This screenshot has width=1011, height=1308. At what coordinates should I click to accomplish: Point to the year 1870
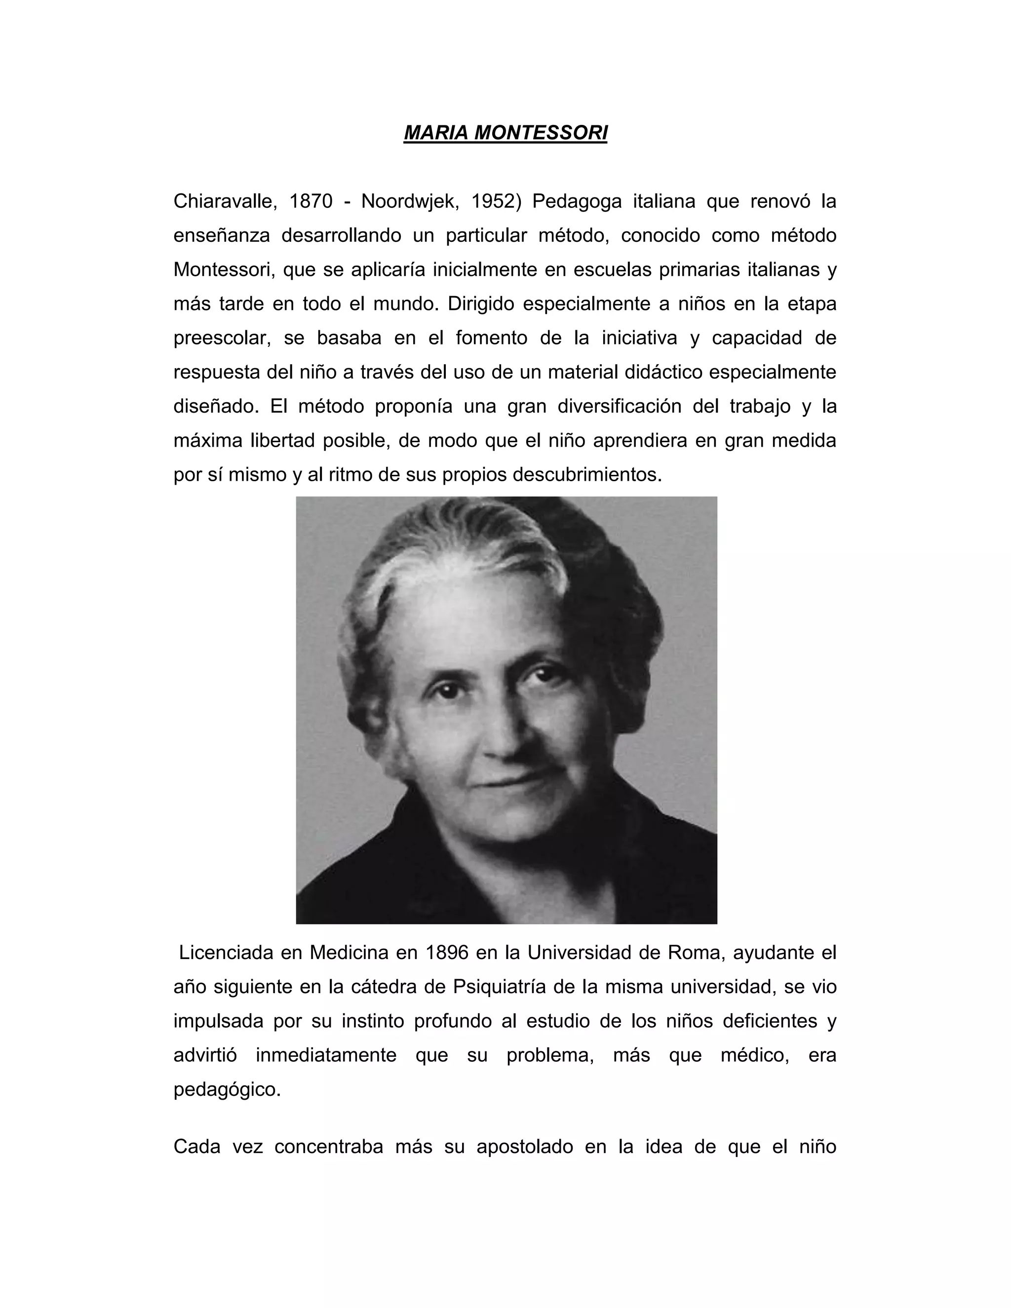[311, 202]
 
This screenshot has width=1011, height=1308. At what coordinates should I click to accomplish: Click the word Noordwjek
[410, 202]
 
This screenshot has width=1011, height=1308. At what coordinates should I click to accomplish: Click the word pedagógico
[227, 1089]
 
